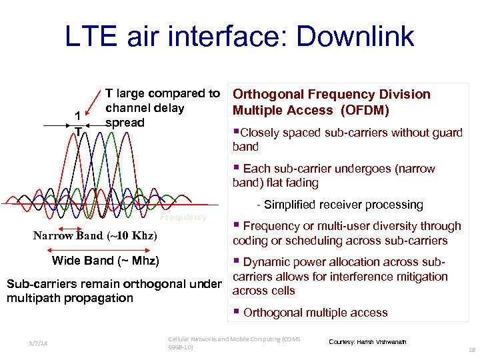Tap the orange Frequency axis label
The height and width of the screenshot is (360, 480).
[183, 217]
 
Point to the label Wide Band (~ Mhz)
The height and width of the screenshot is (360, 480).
[105, 260]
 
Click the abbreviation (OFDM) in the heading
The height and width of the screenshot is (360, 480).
[366, 110]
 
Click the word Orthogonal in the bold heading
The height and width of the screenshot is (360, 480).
[266, 94]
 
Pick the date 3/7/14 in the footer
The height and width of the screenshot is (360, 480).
[38, 344]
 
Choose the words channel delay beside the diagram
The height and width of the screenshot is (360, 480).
[145, 108]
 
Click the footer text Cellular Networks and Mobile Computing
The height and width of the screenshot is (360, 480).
[233, 339]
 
